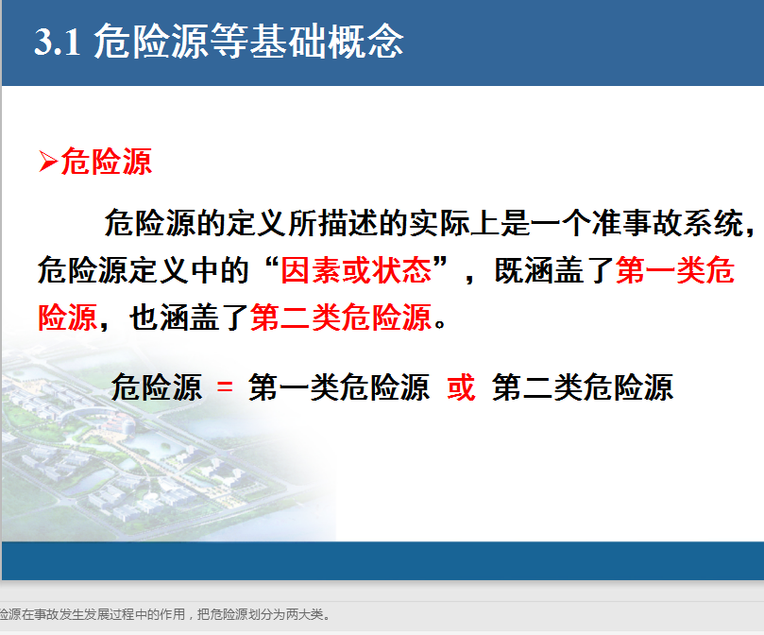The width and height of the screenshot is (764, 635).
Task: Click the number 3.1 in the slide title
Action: coord(57,43)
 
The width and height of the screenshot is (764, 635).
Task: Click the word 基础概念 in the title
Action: coord(327,42)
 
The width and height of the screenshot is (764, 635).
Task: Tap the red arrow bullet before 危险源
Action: coord(48,162)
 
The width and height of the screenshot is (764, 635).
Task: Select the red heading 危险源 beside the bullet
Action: coord(106,162)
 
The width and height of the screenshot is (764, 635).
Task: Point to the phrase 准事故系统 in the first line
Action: coord(668,223)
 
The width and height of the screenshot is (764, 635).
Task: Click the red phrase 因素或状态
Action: coord(356,270)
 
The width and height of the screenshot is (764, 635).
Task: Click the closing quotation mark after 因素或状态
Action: coord(440,264)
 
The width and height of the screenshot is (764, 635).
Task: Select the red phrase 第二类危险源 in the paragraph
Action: coord(341,317)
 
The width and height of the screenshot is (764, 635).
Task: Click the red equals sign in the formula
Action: coord(225,387)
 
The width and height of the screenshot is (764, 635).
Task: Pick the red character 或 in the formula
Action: coord(461,387)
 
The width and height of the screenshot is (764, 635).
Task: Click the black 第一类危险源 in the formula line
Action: coord(339,387)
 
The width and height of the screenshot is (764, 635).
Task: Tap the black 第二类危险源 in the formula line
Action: coord(583,387)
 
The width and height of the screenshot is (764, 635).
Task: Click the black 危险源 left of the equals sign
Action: coord(157,387)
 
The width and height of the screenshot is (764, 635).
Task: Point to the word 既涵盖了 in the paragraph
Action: coord(554,270)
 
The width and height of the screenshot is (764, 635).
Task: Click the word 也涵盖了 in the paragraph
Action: coord(189,317)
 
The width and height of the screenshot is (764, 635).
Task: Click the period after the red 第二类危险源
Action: coord(440,324)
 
